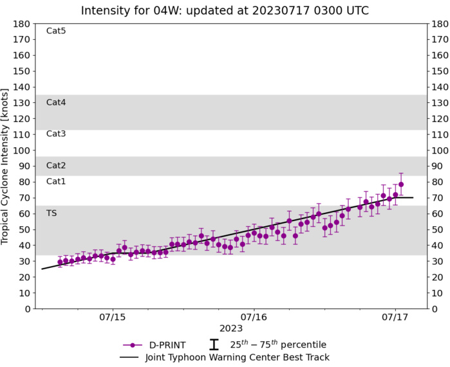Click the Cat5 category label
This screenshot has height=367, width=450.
[x=56, y=31]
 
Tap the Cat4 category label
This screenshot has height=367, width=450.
[x=56, y=102]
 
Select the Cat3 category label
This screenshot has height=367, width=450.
[x=56, y=134]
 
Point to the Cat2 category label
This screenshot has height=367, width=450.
[x=56, y=166]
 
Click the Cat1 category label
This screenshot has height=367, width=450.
[x=56, y=181]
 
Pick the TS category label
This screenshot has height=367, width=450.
[x=52, y=213]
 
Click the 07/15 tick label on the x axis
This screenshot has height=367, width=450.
[x=113, y=318]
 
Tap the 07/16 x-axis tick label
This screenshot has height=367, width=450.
[x=254, y=318]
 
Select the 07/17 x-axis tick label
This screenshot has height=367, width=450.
[x=395, y=318]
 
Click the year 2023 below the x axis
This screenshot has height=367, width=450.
[x=231, y=329]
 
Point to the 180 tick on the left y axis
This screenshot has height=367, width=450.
[x=23, y=24]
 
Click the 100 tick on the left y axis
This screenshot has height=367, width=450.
[x=23, y=150]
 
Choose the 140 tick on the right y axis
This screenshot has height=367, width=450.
[x=440, y=87]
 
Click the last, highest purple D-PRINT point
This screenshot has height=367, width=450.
[x=401, y=184]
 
